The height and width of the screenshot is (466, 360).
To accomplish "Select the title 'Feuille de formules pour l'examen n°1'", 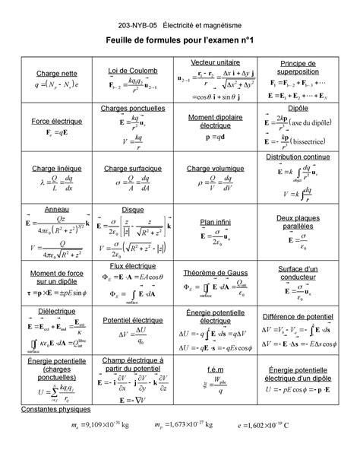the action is pyautogui.click(x=180, y=38).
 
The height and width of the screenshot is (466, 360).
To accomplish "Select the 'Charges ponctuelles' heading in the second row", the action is pyautogui.click(x=132, y=109).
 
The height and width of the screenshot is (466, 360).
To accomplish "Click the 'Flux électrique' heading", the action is pyautogui.click(x=132, y=267).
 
